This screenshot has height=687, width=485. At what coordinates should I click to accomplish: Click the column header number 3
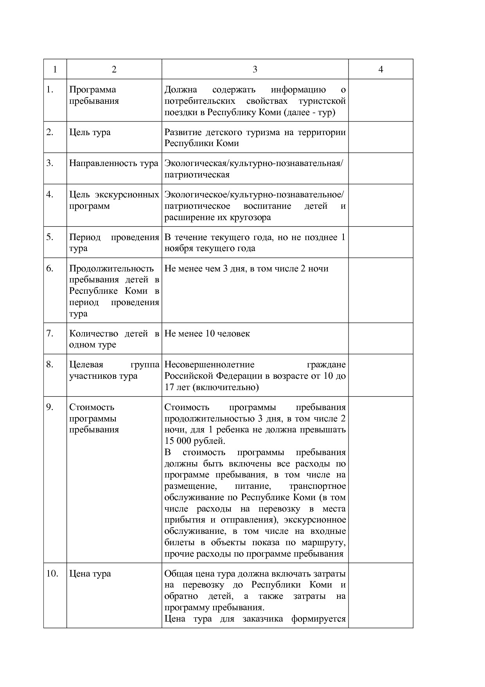click(255, 69)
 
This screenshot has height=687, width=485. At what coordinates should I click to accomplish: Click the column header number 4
click(381, 69)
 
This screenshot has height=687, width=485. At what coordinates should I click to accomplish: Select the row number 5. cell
click(50, 237)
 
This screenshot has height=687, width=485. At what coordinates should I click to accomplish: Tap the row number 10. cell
click(52, 573)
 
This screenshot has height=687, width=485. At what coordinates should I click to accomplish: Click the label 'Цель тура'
click(90, 132)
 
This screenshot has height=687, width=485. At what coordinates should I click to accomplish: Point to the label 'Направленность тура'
click(113, 163)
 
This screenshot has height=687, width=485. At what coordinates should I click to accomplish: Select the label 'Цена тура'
click(90, 573)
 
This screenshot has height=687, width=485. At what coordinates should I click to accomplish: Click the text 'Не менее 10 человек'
click(207, 334)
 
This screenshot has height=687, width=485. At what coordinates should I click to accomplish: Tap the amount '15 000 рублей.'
click(195, 441)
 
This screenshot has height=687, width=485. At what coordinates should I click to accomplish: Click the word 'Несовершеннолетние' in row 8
click(209, 365)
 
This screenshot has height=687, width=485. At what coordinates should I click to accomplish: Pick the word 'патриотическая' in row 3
click(197, 175)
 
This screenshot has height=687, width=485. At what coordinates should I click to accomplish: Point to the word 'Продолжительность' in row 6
click(111, 269)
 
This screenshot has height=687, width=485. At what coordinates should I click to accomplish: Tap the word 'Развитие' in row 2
click(183, 132)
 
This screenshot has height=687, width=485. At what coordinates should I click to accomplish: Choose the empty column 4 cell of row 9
click(381, 479)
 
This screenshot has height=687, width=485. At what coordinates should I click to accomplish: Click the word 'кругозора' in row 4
click(251, 217)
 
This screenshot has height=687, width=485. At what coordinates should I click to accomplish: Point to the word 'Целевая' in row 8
click(86, 365)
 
